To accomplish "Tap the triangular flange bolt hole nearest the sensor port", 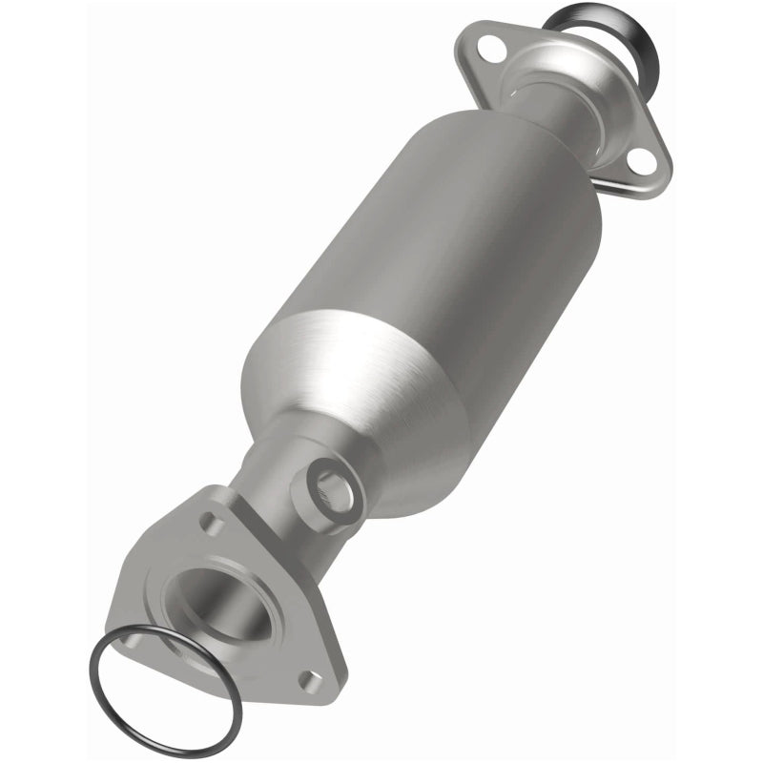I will click(212, 524).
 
